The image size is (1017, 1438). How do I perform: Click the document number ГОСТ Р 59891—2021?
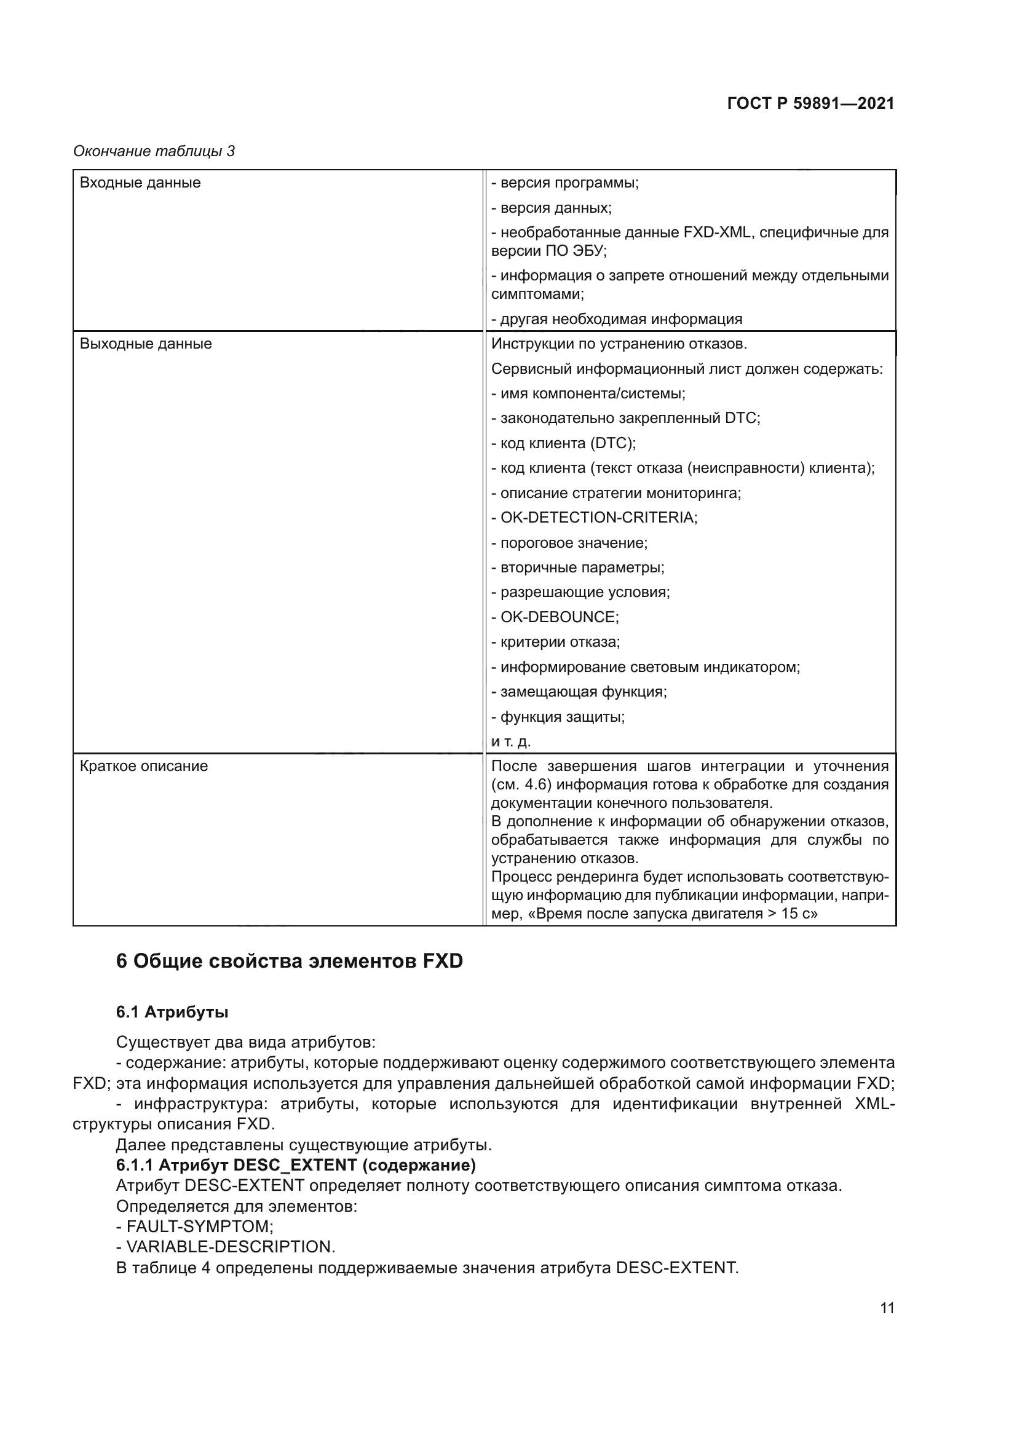[810, 103]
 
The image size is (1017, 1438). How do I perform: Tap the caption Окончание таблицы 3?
[154, 151]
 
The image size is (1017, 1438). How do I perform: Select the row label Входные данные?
[140, 183]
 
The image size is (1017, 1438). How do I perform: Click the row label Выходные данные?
[146, 344]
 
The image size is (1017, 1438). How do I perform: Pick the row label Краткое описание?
[144, 766]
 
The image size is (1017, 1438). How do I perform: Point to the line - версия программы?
[564, 183]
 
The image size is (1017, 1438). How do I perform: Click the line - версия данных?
[551, 208]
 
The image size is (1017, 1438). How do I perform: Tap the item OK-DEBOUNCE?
[558, 617]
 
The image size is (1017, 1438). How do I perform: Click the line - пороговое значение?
[569, 542]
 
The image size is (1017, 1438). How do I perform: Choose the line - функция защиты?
[558, 716]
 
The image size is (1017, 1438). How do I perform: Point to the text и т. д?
[510, 741]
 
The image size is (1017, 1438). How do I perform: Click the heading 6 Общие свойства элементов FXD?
[290, 961]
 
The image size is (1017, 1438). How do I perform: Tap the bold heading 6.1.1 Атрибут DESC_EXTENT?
[296, 1165]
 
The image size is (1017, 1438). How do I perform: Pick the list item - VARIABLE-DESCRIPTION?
[226, 1246]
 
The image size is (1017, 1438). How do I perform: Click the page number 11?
[887, 1308]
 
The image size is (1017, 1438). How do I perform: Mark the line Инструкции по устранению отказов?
[619, 344]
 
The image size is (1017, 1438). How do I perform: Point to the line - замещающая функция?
[579, 692]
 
